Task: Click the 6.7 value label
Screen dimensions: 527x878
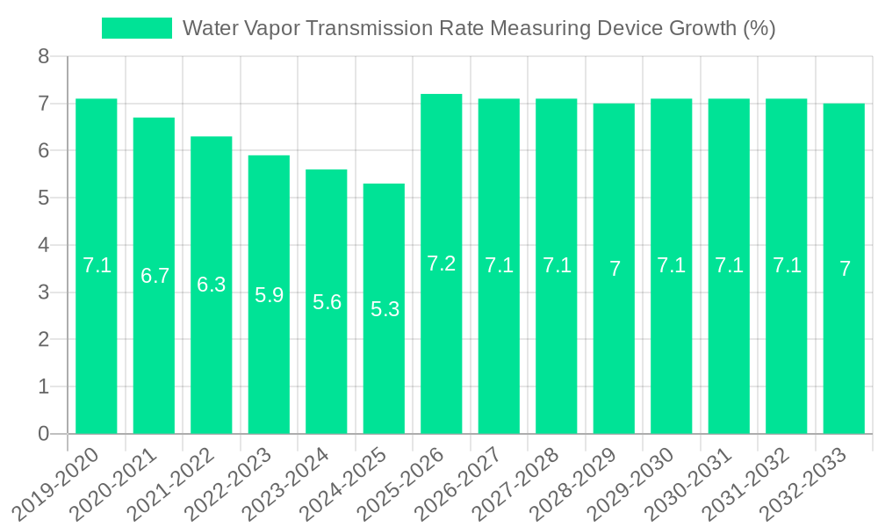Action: (155, 276)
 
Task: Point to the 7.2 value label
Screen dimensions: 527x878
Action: (442, 263)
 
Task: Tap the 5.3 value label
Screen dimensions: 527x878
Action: (385, 309)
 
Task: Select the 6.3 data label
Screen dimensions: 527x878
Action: (212, 285)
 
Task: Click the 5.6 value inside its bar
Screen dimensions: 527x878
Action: (327, 302)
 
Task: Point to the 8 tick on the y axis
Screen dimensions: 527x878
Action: (44, 57)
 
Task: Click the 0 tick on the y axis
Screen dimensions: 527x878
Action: (44, 434)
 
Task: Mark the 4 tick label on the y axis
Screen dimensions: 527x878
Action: (44, 245)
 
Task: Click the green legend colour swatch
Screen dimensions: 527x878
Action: (137, 28)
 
